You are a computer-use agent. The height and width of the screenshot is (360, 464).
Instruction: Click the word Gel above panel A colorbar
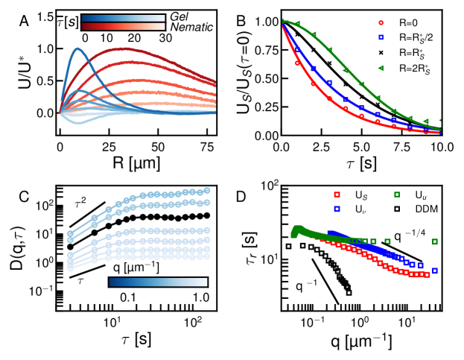(179, 16)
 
